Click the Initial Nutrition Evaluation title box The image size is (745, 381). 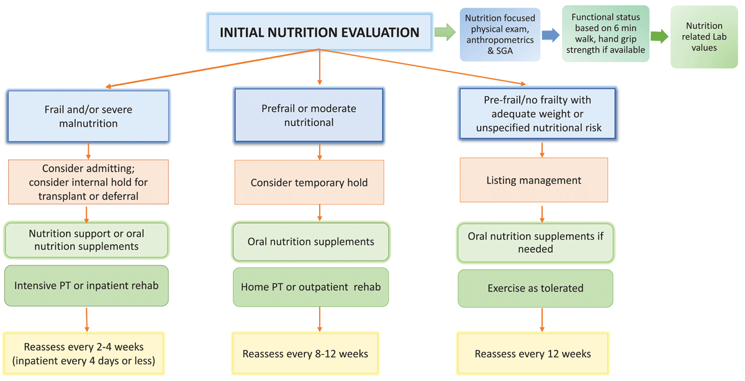[320, 32]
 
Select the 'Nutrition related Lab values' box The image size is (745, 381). [704, 37]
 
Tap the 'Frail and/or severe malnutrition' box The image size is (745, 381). [88, 116]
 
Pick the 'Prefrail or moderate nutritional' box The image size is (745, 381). [309, 115]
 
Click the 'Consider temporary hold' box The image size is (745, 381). [309, 182]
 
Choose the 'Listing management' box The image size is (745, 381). [534, 180]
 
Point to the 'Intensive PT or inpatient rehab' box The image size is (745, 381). [86, 286]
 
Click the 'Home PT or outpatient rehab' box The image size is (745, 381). [310, 287]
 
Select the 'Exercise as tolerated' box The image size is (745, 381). [535, 288]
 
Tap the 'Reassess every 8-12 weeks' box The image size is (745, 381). [305, 354]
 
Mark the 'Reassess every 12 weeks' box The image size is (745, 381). [533, 354]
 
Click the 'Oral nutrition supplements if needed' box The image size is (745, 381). [535, 243]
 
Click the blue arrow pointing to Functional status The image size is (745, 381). [551, 35]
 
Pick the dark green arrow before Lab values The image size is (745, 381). [659, 36]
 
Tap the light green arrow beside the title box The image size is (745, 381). [445, 32]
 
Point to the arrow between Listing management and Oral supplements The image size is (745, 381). [542, 214]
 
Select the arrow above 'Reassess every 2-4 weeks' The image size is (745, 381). [87, 319]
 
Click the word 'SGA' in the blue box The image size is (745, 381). [505, 51]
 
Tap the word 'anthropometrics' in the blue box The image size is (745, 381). [500, 40]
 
